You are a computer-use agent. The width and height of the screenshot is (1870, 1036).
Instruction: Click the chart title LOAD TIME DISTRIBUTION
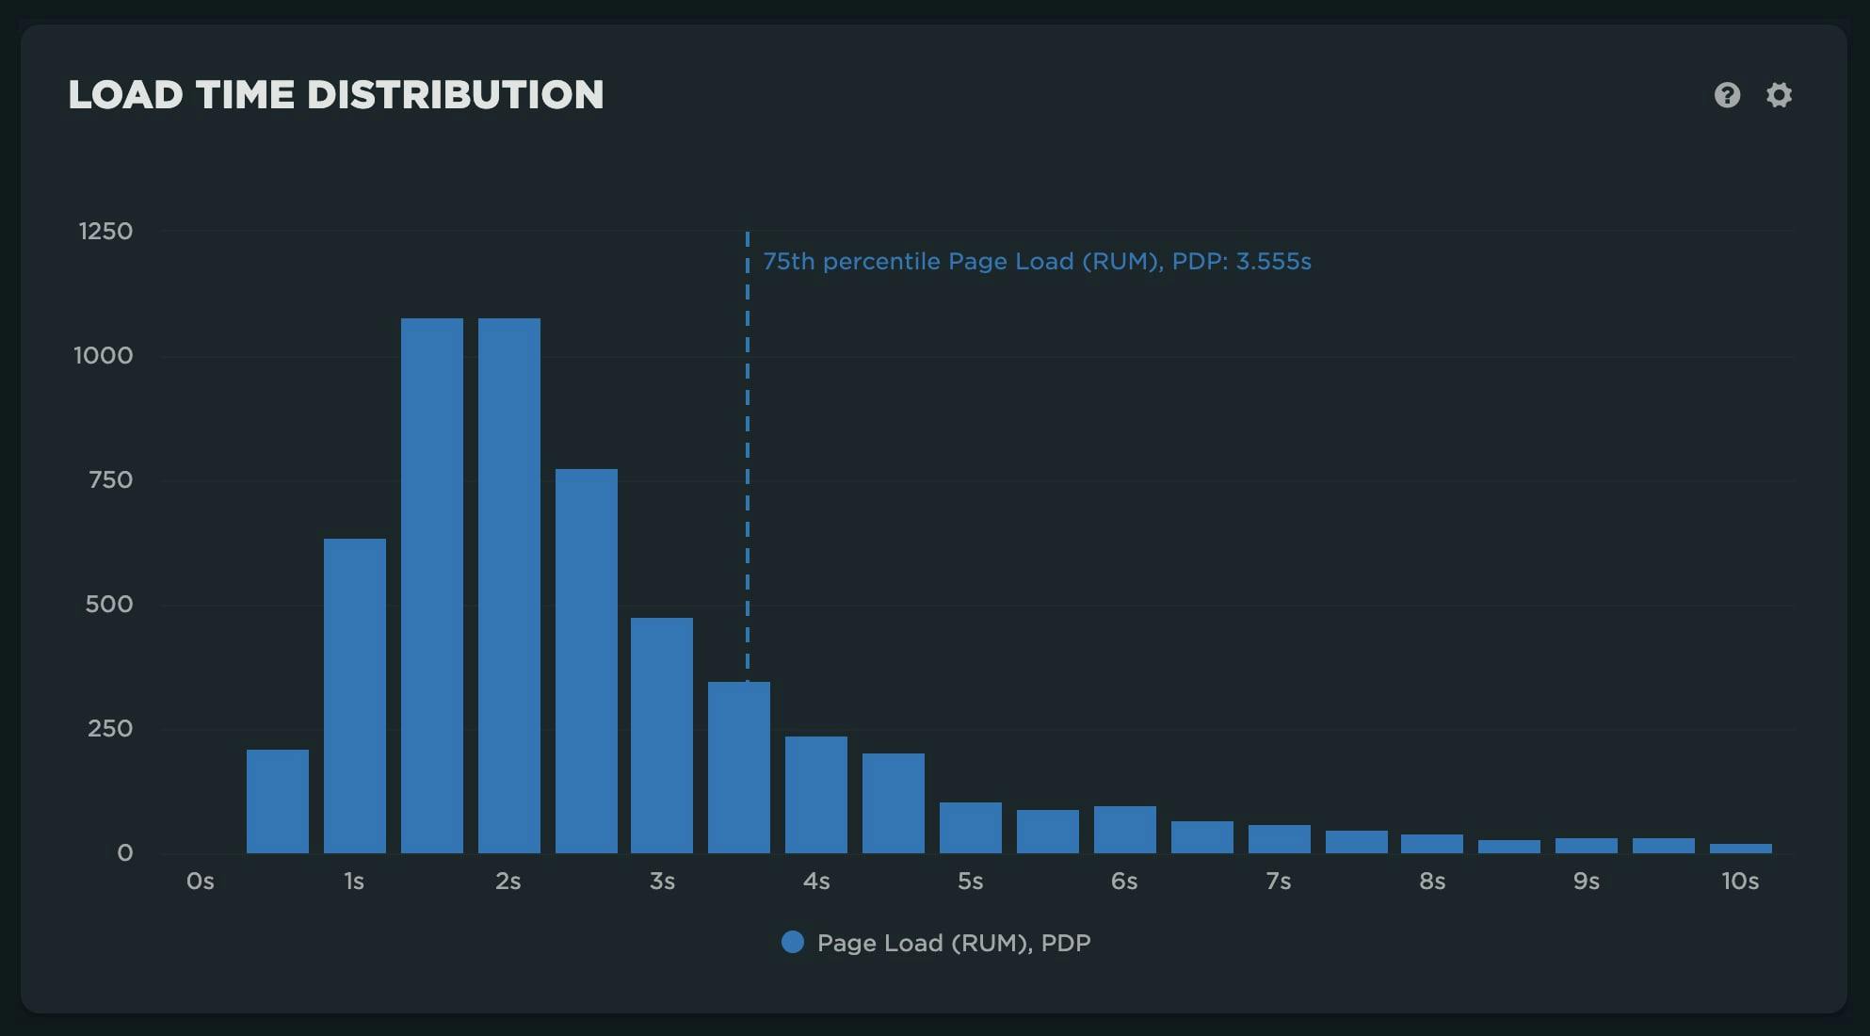click(x=335, y=95)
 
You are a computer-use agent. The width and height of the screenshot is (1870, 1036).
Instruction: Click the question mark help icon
click(x=1727, y=95)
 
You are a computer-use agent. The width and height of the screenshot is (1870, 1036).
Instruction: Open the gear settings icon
click(x=1779, y=95)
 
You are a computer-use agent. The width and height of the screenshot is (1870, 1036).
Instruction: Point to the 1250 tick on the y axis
click(x=105, y=232)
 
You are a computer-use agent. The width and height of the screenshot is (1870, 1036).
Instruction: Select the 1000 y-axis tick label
click(x=104, y=356)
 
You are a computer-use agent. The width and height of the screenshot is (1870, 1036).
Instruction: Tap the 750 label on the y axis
click(x=110, y=480)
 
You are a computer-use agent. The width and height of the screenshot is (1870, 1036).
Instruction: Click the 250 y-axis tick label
click(x=110, y=729)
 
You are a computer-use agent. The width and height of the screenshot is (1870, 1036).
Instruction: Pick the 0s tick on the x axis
click(x=200, y=882)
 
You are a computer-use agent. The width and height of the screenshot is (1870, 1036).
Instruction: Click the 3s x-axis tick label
click(x=662, y=882)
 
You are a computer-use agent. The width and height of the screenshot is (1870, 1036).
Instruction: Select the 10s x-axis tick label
click(x=1739, y=882)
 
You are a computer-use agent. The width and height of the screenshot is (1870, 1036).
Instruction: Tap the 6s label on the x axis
click(x=1124, y=882)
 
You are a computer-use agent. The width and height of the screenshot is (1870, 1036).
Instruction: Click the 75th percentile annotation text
click(x=1037, y=262)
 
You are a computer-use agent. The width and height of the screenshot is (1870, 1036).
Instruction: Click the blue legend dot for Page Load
click(x=793, y=942)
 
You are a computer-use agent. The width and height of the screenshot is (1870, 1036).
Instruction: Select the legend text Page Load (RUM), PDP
click(x=954, y=943)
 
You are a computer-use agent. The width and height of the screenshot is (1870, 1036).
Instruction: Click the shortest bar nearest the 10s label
click(x=1740, y=849)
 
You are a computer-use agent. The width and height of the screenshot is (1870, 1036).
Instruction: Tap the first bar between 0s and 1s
click(x=278, y=801)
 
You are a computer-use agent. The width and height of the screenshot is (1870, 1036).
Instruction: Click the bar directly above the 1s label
click(x=355, y=696)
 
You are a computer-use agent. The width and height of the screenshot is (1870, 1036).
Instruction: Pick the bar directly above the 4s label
click(x=816, y=795)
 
